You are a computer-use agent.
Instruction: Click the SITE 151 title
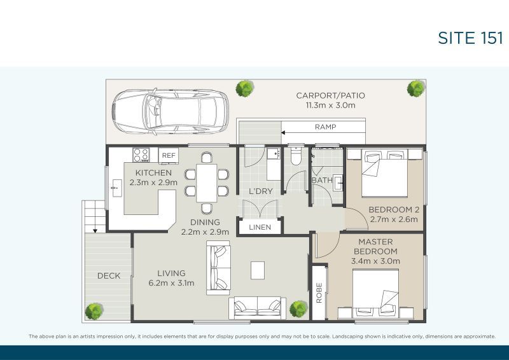(x=470, y=38)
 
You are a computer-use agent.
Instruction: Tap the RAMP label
(x=325, y=127)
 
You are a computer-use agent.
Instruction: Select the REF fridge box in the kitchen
(x=169, y=155)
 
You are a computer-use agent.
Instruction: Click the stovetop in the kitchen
(x=141, y=155)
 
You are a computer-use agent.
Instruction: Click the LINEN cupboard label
(x=260, y=227)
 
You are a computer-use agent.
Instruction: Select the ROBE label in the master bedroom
(x=319, y=293)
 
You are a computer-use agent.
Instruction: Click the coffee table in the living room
(x=258, y=270)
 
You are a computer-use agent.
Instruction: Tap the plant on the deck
(x=94, y=311)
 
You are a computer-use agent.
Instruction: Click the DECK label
(x=109, y=275)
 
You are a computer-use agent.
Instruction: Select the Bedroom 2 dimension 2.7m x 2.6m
(x=393, y=220)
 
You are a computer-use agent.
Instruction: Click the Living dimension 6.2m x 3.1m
(x=171, y=283)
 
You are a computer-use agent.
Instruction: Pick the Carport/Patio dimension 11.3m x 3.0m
(x=330, y=106)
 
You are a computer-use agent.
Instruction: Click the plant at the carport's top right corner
(x=416, y=88)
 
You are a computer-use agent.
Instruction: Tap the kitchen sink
(x=117, y=188)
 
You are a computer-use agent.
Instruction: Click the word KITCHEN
(x=153, y=172)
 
